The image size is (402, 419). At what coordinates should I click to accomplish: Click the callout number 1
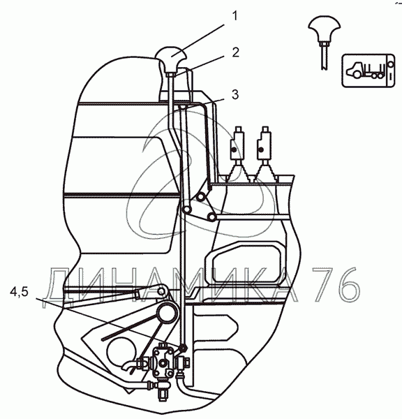click(x=234, y=16)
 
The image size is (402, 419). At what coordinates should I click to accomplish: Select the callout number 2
click(x=235, y=52)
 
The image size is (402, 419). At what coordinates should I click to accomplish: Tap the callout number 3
click(x=235, y=94)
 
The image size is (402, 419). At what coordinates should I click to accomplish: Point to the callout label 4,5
click(x=19, y=292)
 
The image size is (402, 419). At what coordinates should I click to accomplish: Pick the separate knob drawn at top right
click(x=325, y=28)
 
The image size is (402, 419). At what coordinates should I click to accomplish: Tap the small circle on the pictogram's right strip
click(x=391, y=64)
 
